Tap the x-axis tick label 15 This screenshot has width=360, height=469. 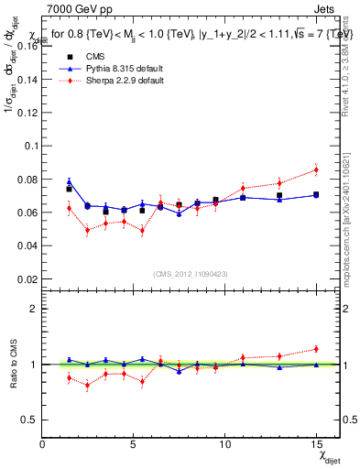coord(315,445)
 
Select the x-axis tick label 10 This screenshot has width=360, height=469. coord(224,445)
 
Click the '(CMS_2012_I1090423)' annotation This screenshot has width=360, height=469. coord(191,273)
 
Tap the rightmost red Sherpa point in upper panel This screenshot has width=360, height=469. coord(316,169)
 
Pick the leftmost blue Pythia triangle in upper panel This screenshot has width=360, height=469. coord(69,182)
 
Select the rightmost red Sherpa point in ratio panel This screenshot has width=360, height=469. coord(316,348)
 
